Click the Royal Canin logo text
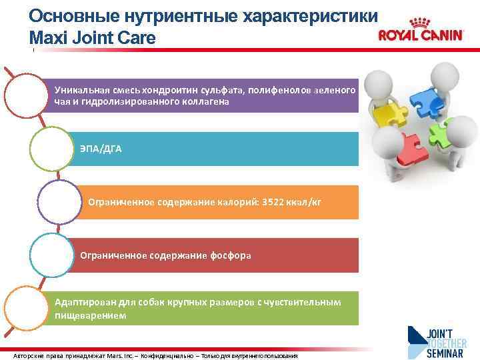[x=420, y=35]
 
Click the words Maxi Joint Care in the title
[x=93, y=38]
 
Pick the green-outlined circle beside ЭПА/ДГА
[x=51, y=148]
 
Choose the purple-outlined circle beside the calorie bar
[x=59, y=201]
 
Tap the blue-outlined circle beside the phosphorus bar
[x=51, y=255]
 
